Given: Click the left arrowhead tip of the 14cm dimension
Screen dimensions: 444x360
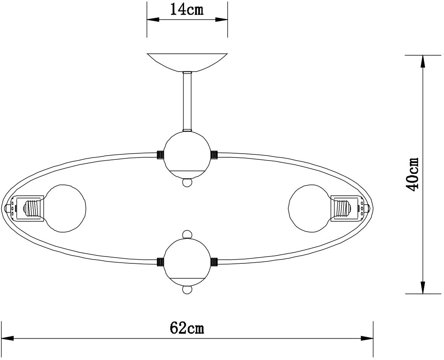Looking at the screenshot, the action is pos(147,19).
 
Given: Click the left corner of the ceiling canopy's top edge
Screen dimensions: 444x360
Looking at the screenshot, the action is pos(147,53).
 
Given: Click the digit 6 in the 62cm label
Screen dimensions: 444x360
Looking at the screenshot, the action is pos(175,328).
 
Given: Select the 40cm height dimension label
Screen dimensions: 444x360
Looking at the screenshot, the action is pos(412,174).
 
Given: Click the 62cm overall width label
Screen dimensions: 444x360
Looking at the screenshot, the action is pos(187,328).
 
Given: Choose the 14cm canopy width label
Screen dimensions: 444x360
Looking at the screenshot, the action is pos(187,9).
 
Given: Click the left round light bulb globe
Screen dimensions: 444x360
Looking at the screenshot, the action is pos(65,208).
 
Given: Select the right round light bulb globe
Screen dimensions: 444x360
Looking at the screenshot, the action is pos(309,209).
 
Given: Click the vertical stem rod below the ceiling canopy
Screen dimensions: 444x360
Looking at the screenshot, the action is pos(187,101).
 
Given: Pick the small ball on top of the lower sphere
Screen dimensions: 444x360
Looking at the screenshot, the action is pos(187,235).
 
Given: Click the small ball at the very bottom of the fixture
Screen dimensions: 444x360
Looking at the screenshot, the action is pos(187,290).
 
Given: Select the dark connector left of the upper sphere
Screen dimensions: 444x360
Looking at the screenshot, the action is pos(161,155).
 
